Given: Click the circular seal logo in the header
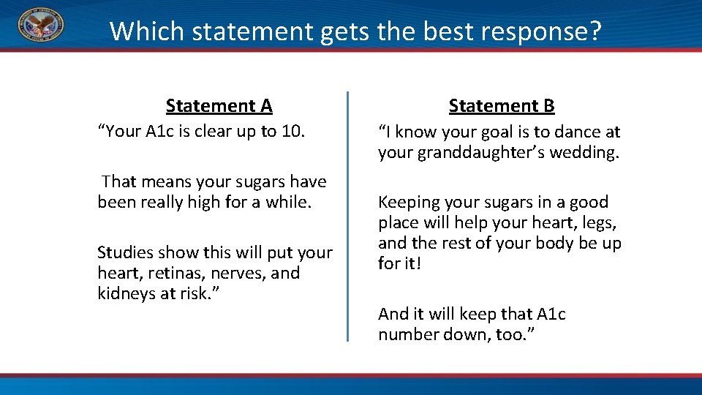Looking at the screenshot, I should coord(40,25).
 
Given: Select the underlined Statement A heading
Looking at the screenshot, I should coord(219,106).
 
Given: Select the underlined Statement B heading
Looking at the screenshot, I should coord(502,106).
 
